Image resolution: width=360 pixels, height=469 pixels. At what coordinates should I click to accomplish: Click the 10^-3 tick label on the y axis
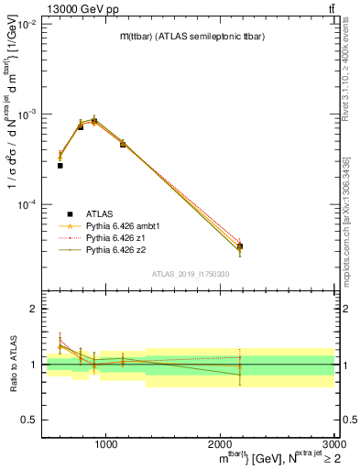tap(27, 115)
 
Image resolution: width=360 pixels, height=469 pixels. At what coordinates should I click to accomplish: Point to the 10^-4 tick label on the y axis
tap(27, 204)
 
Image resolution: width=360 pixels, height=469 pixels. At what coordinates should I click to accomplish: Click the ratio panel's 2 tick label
tap(34, 310)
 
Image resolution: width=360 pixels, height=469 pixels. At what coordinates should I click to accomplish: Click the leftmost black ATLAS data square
tap(60, 166)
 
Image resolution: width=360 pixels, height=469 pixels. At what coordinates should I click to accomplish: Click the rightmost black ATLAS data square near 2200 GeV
tap(240, 246)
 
